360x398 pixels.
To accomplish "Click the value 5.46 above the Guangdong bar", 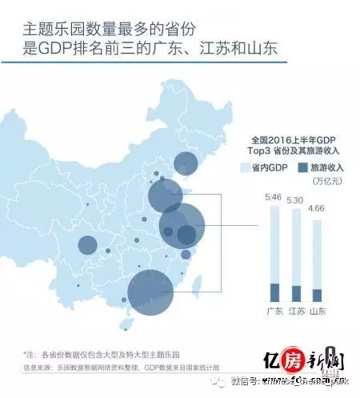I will click(274, 197).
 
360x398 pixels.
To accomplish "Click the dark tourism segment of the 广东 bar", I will click(274, 291).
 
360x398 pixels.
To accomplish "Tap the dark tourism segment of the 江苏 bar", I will click(296, 293).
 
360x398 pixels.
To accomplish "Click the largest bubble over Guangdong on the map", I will click(150, 290).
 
